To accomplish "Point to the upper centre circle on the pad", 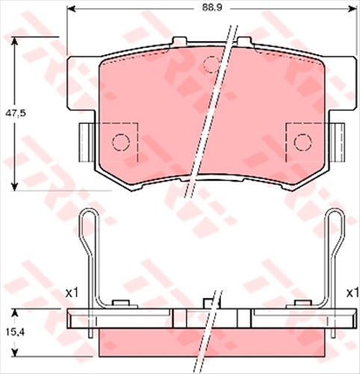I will tap(213, 63).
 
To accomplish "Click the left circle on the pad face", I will tap(120, 140).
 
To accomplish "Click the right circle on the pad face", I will tap(302, 141).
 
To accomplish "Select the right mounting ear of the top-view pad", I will tap(338, 140).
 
